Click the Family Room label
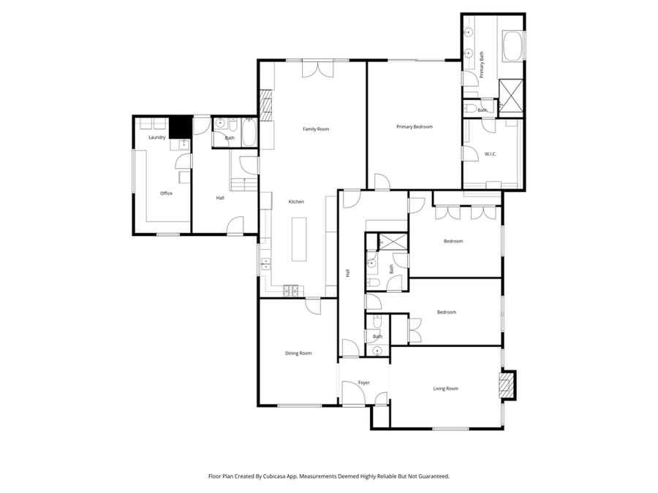tap(316, 129)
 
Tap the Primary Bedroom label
tap(415, 127)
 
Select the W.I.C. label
tap(491, 153)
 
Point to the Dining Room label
tap(298, 353)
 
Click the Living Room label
tap(445, 389)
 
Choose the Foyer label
tap(363, 383)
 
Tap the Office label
tap(166, 194)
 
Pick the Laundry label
tap(156, 137)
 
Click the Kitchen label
tap(295, 202)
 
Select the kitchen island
tap(300, 238)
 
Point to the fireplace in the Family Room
tap(266, 104)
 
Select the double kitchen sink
tap(267, 264)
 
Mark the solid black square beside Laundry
tap(179, 127)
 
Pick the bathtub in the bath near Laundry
tap(248, 133)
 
